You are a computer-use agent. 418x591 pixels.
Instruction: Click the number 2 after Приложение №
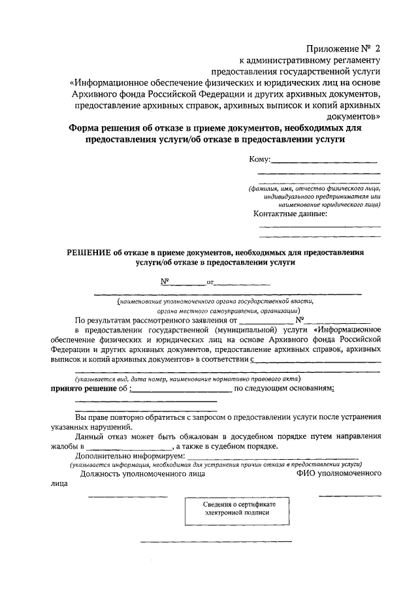(377, 49)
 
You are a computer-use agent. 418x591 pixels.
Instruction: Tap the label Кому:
(259, 159)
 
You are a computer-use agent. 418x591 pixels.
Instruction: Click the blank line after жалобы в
(129, 447)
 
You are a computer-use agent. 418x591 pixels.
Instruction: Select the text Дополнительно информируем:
(130, 456)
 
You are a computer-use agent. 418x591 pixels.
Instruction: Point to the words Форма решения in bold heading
(104, 129)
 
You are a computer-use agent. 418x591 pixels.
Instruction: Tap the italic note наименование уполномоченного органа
(216, 302)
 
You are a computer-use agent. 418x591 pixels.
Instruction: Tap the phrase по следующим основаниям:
(285, 389)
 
